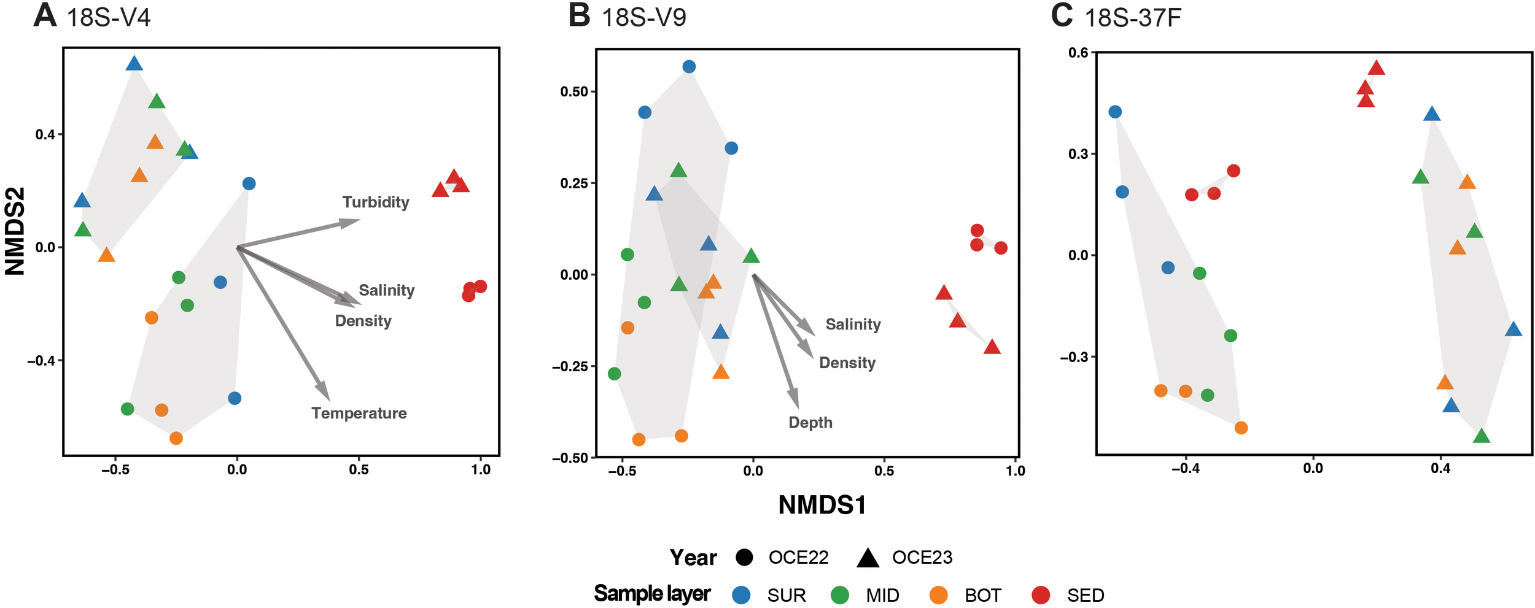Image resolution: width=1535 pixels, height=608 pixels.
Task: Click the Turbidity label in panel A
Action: [x=375, y=202]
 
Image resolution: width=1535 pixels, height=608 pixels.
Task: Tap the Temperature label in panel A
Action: [x=359, y=414]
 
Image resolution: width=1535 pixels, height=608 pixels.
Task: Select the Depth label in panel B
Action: [x=810, y=423]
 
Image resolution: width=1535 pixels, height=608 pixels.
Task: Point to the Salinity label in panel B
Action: [x=852, y=325]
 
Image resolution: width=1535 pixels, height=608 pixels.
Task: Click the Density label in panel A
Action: [x=363, y=321]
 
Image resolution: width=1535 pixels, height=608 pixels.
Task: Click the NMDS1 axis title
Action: [x=822, y=506]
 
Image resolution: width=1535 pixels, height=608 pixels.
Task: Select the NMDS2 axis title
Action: [x=15, y=231]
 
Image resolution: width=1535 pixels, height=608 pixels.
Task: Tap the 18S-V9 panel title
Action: [x=643, y=18]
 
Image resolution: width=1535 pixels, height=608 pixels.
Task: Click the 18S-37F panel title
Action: [x=1132, y=18]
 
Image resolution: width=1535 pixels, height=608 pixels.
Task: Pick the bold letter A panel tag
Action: [x=45, y=15]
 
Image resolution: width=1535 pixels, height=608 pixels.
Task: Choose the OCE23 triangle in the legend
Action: [x=868, y=558]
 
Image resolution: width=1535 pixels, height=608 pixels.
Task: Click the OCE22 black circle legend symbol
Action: [x=744, y=558]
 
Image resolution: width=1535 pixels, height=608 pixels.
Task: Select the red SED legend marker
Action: [x=1040, y=595]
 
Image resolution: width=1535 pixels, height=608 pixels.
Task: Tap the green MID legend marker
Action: [x=839, y=595]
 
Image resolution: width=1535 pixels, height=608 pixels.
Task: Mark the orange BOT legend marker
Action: [x=938, y=595]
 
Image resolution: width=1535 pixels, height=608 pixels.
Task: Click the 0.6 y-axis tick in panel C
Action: [x=1078, y=53]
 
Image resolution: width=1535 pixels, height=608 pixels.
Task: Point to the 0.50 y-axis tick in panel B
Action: [x=573, y=92]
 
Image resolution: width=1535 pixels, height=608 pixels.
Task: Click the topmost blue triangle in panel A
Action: [x=134, y=63]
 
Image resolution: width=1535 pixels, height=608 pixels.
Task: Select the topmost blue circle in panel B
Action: [x=689, y=67]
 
